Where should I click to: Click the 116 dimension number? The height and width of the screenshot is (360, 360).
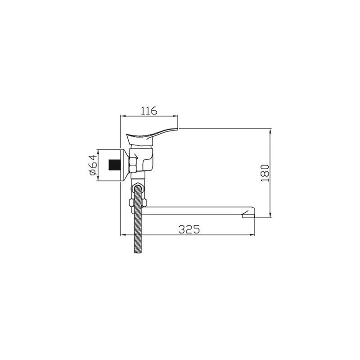tap(149, 110)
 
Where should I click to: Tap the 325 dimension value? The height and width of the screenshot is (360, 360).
tap(189, 229)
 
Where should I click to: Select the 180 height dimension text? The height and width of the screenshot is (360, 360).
tap(265, 173)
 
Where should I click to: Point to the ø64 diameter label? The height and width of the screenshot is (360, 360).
tap(93, 165)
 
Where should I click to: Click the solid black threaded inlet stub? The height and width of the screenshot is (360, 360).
tap(115, 165)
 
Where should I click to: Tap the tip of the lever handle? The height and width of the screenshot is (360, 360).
tap(177, 129)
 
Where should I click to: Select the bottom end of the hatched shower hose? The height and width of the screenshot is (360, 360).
tap(139, 252)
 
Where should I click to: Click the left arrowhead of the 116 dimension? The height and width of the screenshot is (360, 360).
tap(122, 117)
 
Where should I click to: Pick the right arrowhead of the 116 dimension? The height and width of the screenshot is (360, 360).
tap(176, 117)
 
